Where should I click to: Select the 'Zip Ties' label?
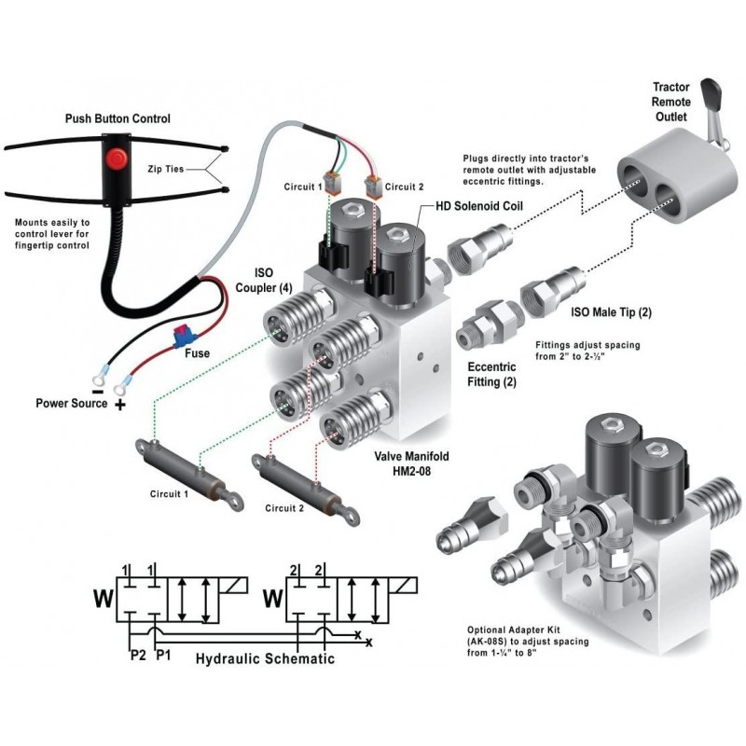(167, 171)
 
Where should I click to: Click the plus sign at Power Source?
(119, 407)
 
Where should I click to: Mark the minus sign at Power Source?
(96, 380)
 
